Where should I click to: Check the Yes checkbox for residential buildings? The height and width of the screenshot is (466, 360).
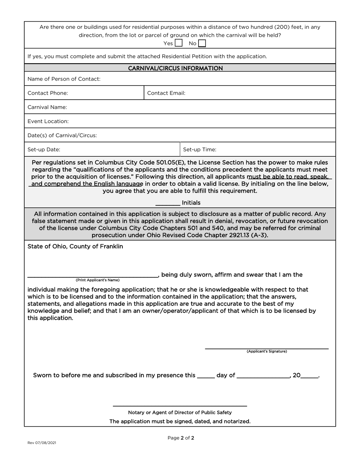pos(178,43)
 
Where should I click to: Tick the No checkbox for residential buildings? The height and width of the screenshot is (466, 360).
pos(202,43)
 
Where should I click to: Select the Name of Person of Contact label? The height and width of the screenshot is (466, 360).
pos(64,79)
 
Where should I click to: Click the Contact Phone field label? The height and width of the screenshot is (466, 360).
pos(48,93)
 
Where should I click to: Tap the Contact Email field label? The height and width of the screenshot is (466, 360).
pos(166,93)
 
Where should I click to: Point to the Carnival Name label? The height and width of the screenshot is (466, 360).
pos(47,107)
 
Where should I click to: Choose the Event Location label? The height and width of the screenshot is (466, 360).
pos(48,121)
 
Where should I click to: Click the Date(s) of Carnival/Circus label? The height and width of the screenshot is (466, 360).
pos(62,135)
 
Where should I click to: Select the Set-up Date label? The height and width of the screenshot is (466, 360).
pos(44,149)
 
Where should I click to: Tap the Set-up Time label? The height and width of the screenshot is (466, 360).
pos(200,149)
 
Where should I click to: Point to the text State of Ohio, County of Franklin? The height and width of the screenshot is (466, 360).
pos(75,246)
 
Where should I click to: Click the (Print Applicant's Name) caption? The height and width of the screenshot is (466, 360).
pos(98,280)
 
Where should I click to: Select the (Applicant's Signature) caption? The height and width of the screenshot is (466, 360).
pos(267,351)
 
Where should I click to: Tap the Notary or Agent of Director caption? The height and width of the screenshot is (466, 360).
pos(180,412)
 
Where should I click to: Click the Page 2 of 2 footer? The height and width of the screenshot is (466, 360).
pos(181,438)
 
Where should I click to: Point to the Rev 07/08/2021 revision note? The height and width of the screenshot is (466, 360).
pos(42,443)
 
